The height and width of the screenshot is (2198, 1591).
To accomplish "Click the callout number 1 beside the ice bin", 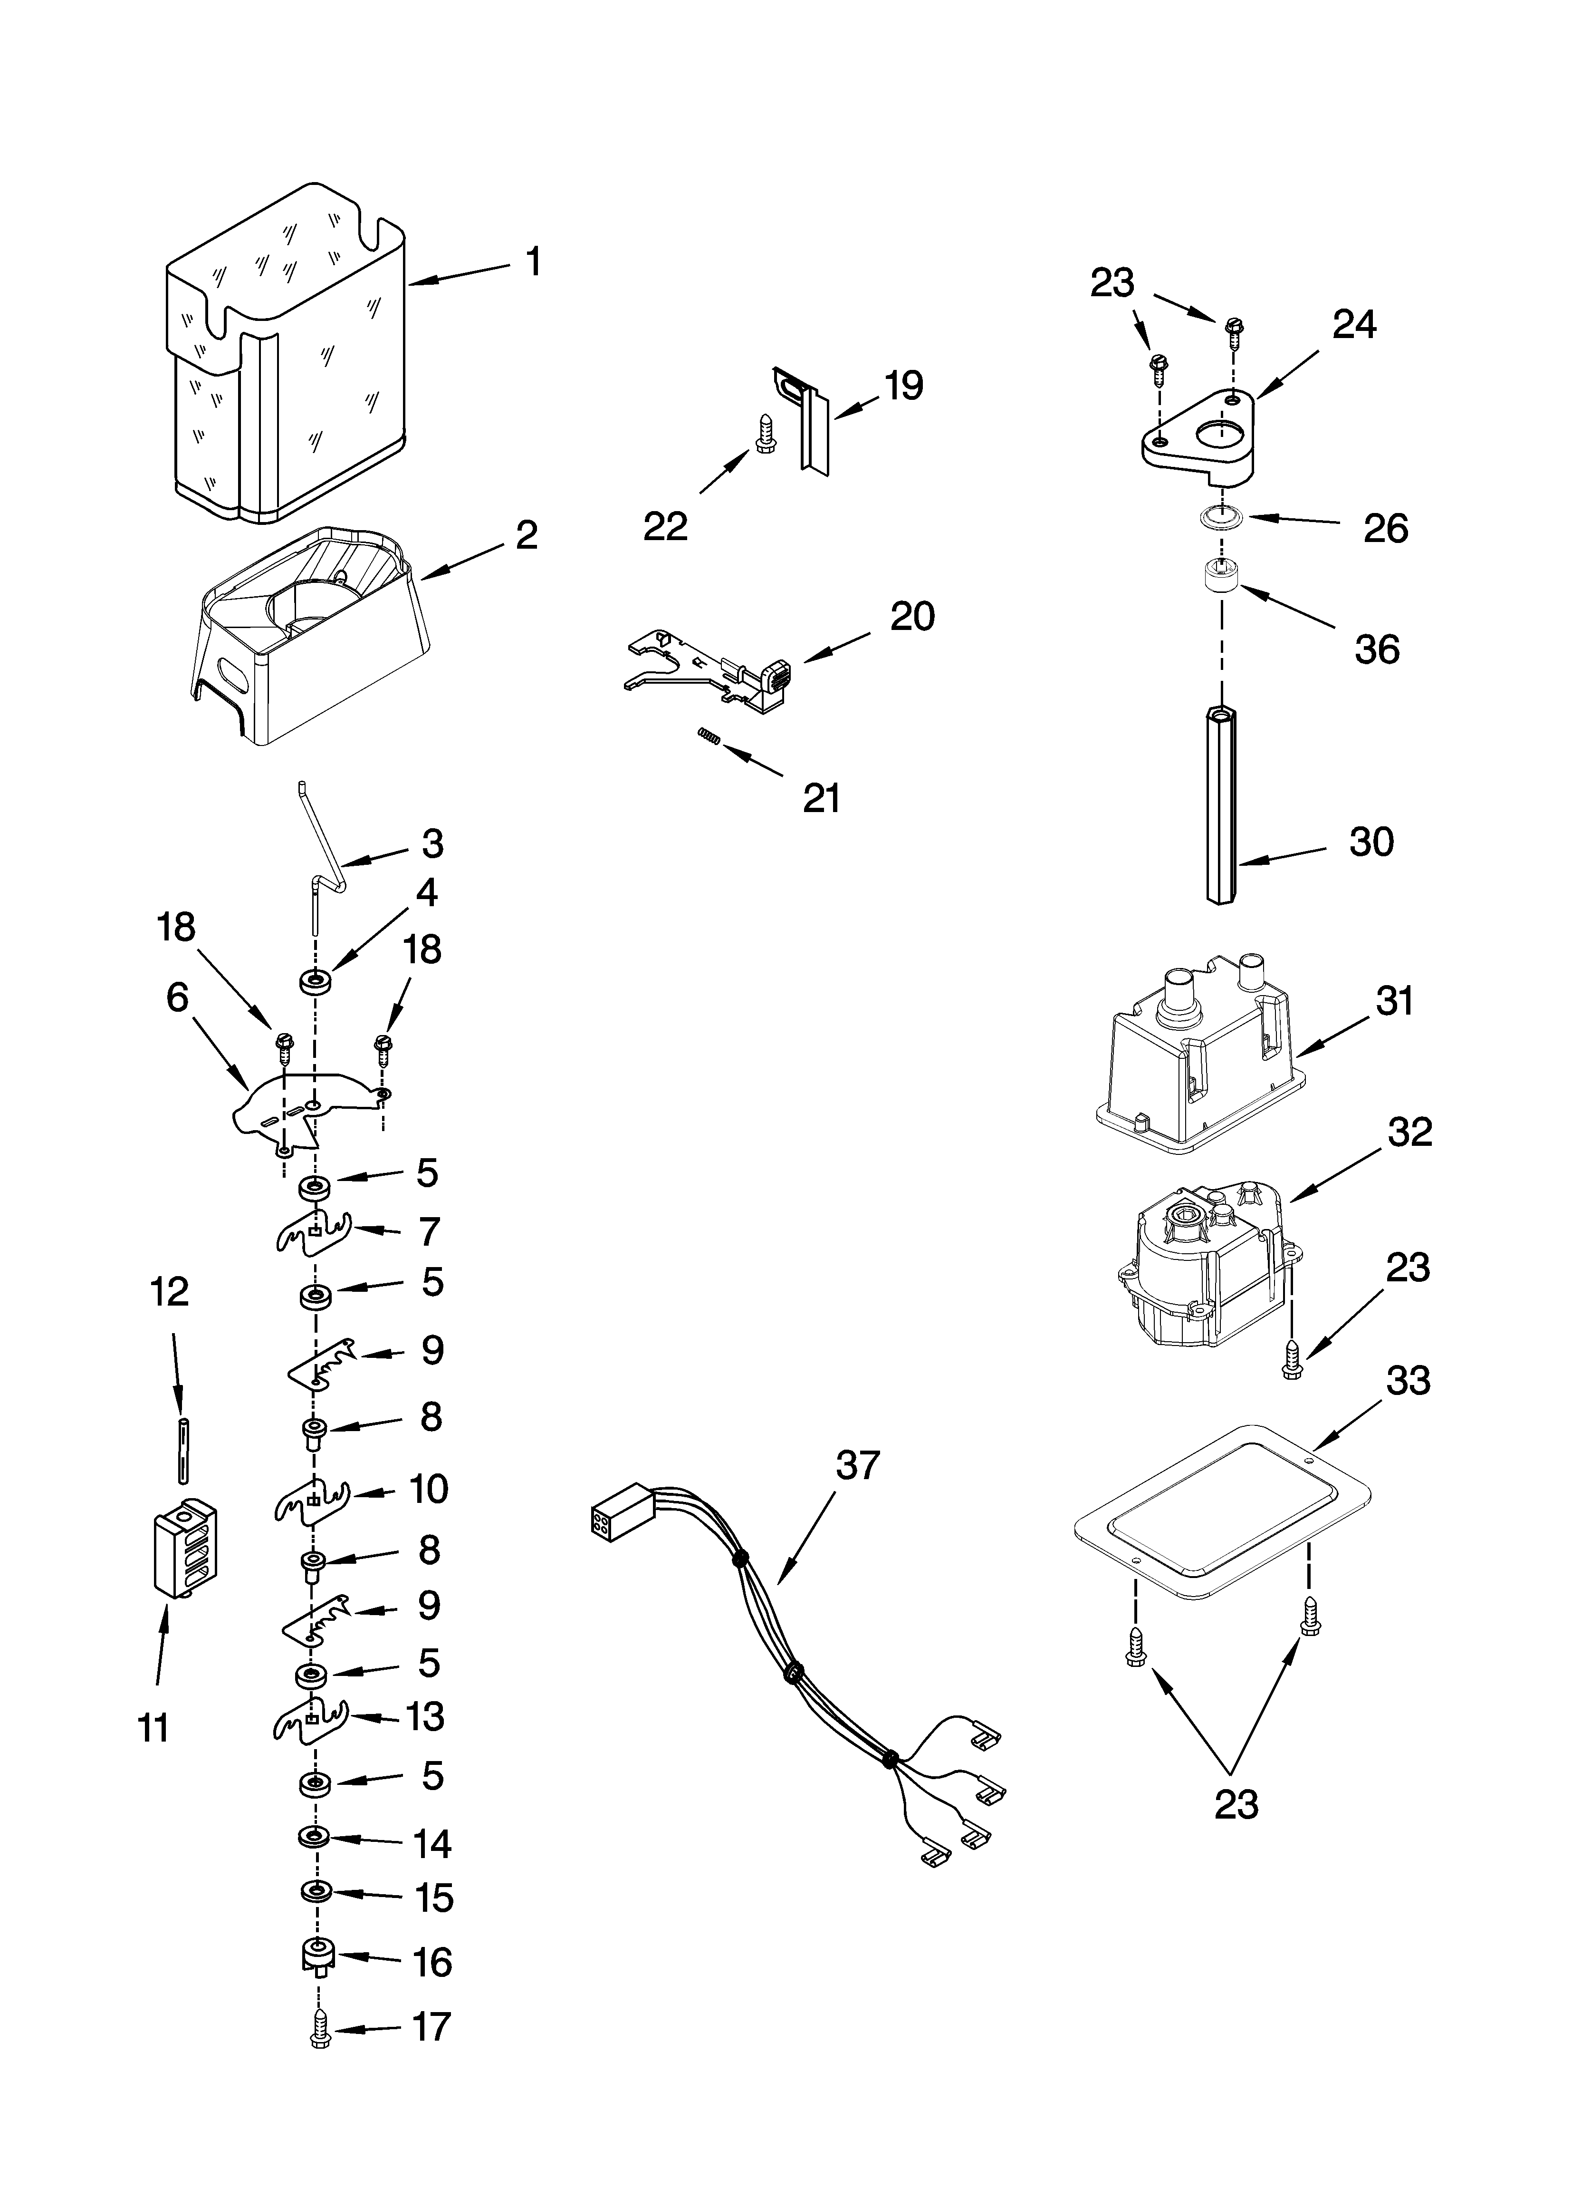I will coord(533,262).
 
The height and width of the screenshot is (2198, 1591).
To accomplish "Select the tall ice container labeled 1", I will coord(286,358).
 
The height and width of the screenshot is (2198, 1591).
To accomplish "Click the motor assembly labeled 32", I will coord(1207,1269).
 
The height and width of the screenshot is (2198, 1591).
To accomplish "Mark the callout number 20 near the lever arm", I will coord(912,616).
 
